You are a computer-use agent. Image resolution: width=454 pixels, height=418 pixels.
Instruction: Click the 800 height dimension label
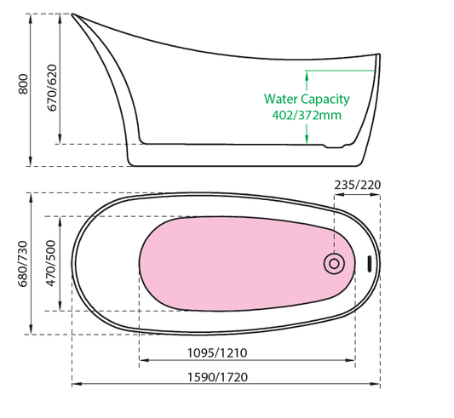[23, 84]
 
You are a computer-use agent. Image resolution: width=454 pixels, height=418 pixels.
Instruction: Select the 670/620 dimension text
[52, 88]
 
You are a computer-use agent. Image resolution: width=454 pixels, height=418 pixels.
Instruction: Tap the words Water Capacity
[307, 100]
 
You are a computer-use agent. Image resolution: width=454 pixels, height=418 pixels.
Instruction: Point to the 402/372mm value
[307, 115]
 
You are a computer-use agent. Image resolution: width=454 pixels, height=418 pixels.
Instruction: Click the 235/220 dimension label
[357, 185]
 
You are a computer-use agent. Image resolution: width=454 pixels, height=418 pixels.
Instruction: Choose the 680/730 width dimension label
[23, 264]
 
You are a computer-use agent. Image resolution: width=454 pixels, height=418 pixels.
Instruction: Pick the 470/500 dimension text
[50, 263]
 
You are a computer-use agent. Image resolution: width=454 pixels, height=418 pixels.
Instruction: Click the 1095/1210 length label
[217, 352]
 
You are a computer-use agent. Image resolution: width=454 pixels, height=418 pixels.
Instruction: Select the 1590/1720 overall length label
[217, 377]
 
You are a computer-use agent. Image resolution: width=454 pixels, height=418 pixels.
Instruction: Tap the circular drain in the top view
[334, 264]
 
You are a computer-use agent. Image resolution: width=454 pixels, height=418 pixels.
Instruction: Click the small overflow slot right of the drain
[370, 264]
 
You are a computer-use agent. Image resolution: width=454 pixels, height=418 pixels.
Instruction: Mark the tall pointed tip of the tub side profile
[72, 14]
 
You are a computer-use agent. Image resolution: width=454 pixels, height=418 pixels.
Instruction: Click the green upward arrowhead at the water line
[307, 76]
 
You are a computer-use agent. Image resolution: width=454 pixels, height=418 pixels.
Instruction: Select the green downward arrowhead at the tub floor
[307, 139]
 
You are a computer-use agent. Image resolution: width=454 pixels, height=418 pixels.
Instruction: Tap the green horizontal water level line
[340, 71]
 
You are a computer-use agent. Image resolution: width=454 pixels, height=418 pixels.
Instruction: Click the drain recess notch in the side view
[335, 146]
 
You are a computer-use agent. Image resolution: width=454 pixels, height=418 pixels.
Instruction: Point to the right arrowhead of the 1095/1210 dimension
[350, 360]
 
